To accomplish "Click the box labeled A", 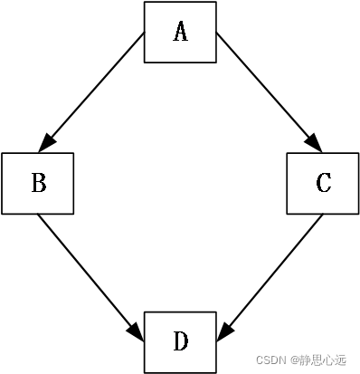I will coord(180,33).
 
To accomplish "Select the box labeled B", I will coord(38,184).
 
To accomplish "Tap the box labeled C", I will coord(323,184).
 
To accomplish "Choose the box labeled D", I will coord(180,341).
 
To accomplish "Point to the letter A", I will coord(180,33).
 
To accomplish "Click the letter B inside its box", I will coord(38,184).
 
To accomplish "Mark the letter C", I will coord(323,184).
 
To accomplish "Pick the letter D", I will coord(180,341).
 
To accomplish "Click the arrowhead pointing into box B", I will coord(47,142).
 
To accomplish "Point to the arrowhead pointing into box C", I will coord(314,142).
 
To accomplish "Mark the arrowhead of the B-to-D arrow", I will coord(137,331).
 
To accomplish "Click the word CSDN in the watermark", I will coord(270,360).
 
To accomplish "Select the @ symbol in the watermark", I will coord(294,360).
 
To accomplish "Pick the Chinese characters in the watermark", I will coord(325,360).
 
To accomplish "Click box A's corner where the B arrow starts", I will coord(146,34).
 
